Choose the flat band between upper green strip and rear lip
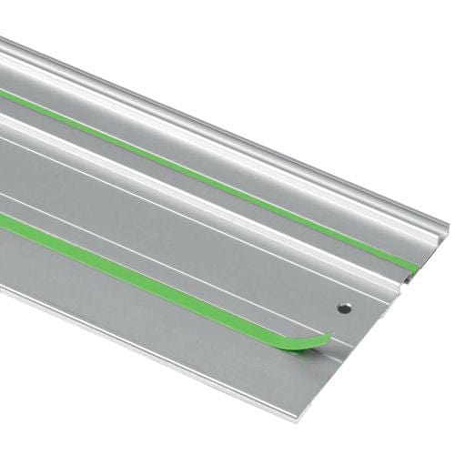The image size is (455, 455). point(227,136)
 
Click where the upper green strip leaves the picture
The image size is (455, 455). point(3,92)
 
